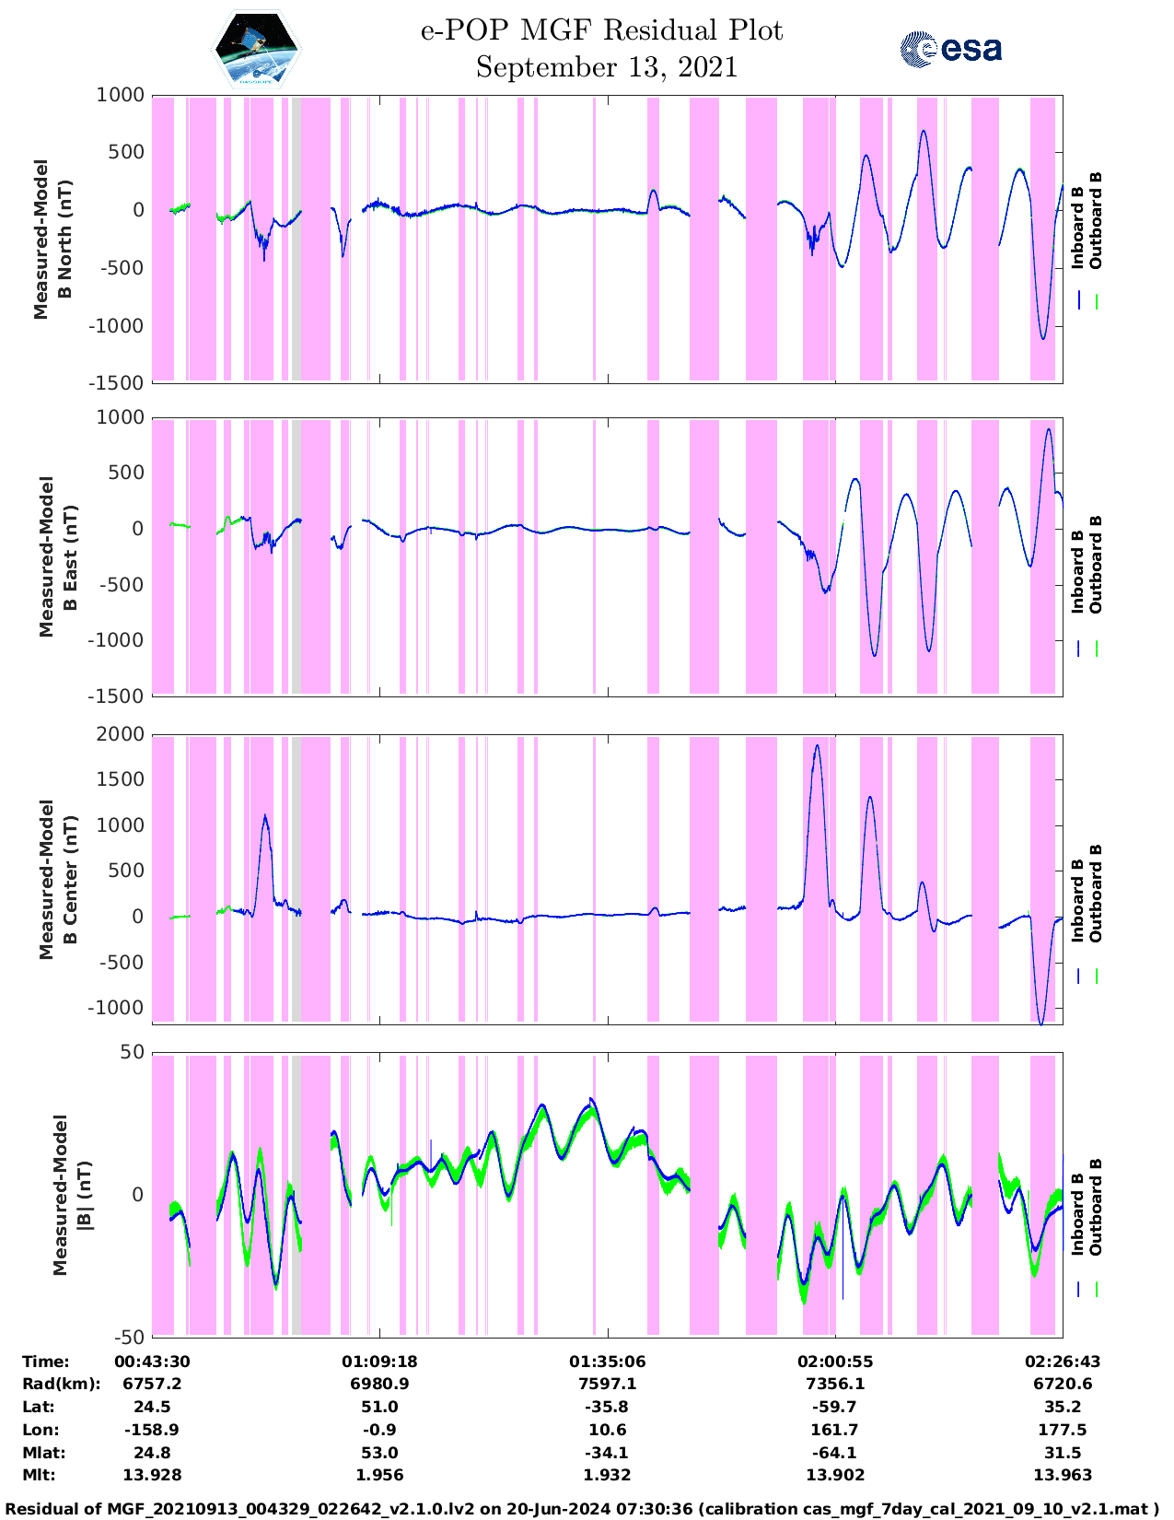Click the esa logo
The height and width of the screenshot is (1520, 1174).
pyautogui.click(x=951, y=49)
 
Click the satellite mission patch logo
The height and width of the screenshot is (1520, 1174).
pyautogui.click(x=257, y=49)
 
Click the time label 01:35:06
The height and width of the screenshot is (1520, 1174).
pyautogui.click(x=607, y=1362)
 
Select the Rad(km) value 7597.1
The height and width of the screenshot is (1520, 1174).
pyautogui.click(x=607, y=1384)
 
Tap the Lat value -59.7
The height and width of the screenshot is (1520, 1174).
pyautogui.click(x=834, y=1407)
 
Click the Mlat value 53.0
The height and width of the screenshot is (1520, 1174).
pyautogui.click(x=379, y=1453)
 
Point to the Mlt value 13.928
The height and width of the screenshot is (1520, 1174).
pyautogui.click(x=152, y=1475)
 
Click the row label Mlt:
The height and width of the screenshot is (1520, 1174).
pyautogui.click(x=39, y=1475)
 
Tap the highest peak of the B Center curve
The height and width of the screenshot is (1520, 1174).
pyautogui.click(x=817, y=745)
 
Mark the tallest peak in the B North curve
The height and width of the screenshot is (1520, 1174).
pyautogui.click(x=924, y=131)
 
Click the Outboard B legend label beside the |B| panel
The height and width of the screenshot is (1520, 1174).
pyautogui.click(x=1096, y=1207)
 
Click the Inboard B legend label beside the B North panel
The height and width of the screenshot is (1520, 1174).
pyautogui.click(x=1077, y=221)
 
